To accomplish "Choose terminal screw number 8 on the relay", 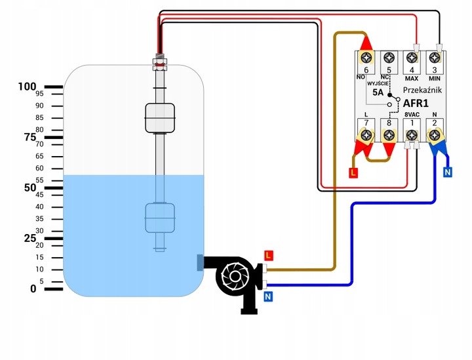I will click(389, 136).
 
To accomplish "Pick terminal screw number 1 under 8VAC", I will click(412, 136).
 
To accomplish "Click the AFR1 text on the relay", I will click(416, 103).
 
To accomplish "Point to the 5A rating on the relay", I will click(378, 92).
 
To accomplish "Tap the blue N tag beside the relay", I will click(448, 172).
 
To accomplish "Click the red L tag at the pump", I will click(268, 254).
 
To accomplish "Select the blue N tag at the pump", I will click(268, 297).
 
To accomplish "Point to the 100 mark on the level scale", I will click(28, 87).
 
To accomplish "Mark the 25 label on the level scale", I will click(30, 238).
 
